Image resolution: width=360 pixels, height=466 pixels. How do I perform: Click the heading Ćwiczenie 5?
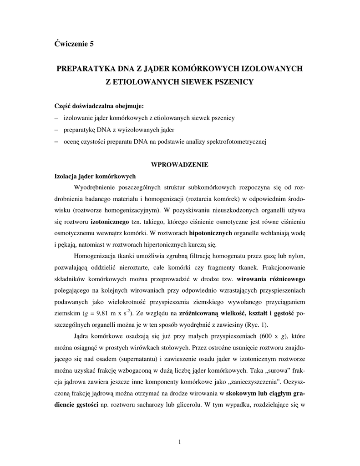point(74,44)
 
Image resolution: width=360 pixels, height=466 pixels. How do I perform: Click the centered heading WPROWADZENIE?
point(180,165)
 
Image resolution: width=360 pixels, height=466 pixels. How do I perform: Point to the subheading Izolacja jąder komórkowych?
point(95,176)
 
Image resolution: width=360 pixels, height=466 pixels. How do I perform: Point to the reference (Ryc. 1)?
point(258,325)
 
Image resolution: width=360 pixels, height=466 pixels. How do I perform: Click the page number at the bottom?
point(180,441)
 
